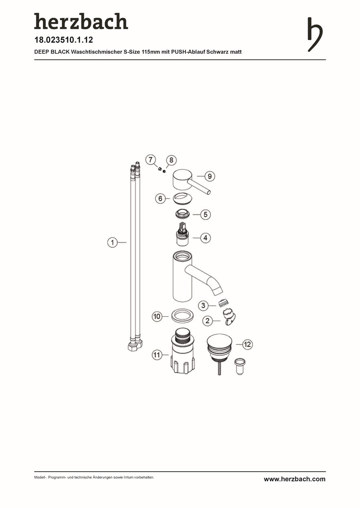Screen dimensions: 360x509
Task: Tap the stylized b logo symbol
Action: (315, 34)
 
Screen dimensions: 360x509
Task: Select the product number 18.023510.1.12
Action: (64, 40)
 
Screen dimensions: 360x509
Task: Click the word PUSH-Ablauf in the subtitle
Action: (188, 52)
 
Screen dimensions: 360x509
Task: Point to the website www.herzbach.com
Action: (295, 479)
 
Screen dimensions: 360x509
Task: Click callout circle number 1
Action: (112, 242)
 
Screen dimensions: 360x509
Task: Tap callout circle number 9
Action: (210, 176)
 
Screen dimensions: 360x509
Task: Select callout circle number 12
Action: (247, 344)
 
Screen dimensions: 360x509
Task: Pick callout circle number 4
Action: (205, 238)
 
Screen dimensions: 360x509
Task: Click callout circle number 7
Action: (151, 160)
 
